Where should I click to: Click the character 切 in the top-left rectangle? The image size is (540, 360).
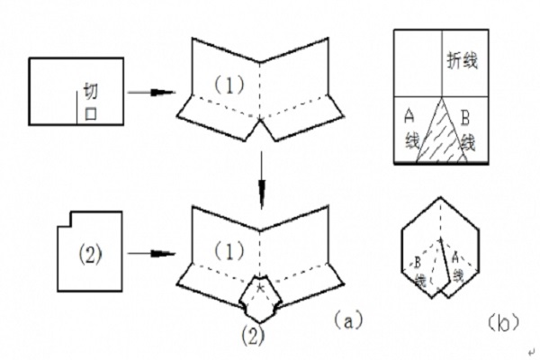coord(90,92)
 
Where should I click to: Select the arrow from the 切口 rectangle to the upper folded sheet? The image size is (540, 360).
coord(149,92)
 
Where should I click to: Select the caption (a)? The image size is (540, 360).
coord(346,317)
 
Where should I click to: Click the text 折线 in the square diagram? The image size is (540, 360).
coord(463,60)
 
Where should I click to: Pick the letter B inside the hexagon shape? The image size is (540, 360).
coord(419,264)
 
